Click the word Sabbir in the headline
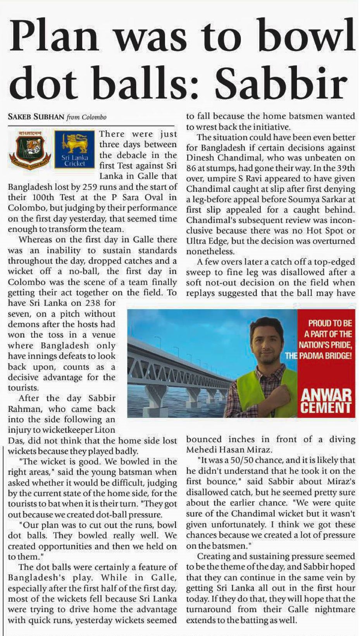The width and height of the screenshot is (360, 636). [281, 82]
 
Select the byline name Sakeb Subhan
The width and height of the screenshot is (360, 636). [36, 117]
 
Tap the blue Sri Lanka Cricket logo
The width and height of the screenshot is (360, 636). [74, 149]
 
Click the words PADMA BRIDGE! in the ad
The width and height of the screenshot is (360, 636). [325, 355]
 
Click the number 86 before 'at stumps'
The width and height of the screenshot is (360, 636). [191, 168]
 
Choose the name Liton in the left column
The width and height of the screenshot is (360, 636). [105, 430]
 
